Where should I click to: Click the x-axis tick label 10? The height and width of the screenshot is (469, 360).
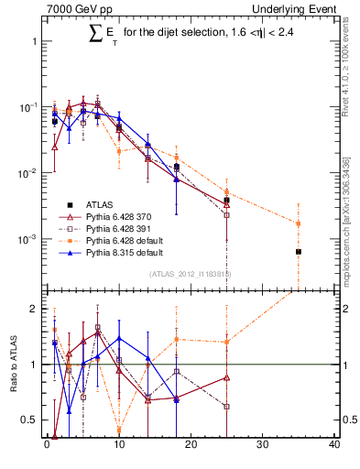[x=118, y=446]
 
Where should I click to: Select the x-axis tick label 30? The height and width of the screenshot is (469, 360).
[x=263, y=446]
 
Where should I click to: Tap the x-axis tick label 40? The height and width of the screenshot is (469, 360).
[x=333, y=446]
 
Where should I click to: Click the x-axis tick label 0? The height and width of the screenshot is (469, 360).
[x=47, y=446]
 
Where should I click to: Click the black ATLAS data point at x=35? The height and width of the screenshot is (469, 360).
[x=298, y=251]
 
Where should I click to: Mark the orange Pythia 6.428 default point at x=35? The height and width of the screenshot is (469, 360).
[x=298, y=223]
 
